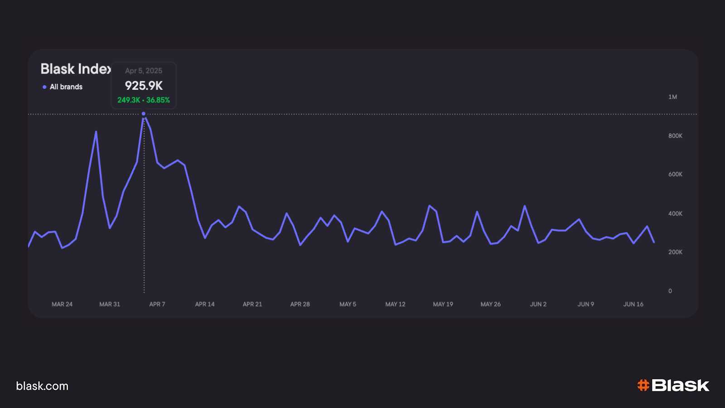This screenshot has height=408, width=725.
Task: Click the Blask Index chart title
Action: (76, 69)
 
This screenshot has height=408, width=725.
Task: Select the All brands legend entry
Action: (63, 87)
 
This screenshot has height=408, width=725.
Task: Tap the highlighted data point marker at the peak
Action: (144, 114)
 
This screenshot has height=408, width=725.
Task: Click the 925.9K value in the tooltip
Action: (144, 86)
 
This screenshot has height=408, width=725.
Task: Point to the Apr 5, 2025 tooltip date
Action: (144, 71)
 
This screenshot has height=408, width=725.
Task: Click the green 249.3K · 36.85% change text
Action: (144, 100)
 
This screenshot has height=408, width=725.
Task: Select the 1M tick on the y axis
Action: (672, 97)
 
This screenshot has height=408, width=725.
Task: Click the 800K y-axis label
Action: (675, 136)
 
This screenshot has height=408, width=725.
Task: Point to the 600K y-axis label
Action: (675, 174)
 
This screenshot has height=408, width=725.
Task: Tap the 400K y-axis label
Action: (675, 214)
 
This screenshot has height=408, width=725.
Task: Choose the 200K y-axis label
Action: (675, 252)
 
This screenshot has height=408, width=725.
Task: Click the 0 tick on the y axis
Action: (670, 291)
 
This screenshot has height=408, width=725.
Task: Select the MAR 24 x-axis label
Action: (62, 304)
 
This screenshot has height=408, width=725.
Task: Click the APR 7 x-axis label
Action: (157, 304)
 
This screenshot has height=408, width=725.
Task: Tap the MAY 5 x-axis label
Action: (348, 304)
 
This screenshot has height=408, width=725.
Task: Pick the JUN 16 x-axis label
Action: (633, 304)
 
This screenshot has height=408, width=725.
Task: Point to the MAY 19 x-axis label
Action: (443, 304)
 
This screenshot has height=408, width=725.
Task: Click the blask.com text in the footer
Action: (42, 386)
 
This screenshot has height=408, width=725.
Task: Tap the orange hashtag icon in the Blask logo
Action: (643, 385)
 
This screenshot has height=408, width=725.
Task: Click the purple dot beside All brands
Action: (44, 87)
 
